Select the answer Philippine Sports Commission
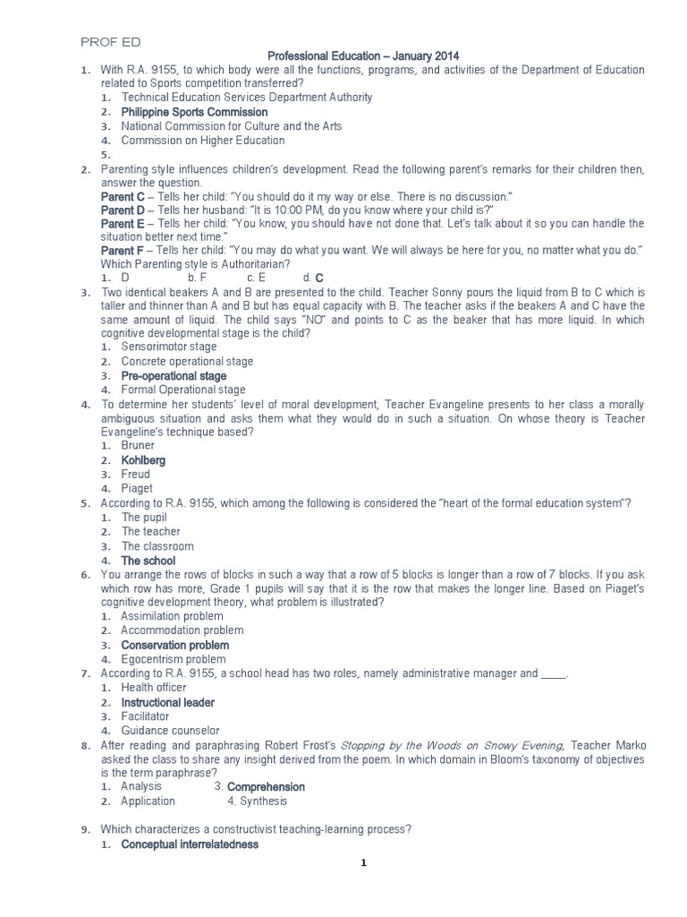coord(194,112)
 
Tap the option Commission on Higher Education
coord(203,141)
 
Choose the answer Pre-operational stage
coord(174,376)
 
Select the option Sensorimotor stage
coord(169,347)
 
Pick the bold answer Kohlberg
coord(143,460)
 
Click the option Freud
coord(136,475)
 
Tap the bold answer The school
coord(148,561)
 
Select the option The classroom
coord(157,546)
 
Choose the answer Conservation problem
coord(175,645)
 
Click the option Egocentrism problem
coord(174,660)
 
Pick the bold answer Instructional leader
coord(167,703)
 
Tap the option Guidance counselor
coord(170,731)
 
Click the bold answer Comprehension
coord(266,787)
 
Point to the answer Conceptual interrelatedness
coord(190,844)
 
